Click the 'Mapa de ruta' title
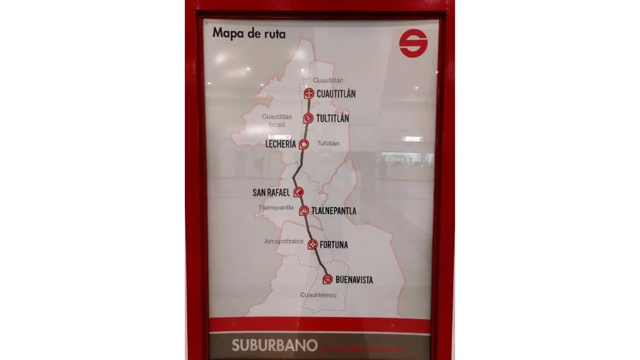coord(249,33)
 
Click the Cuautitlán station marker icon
coord(309,94)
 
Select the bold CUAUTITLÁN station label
coord(336,94)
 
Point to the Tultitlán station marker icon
coord(309,118)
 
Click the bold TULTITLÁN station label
coord(333,119)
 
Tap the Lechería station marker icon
coord(304,145)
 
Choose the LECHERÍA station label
coord(281,145)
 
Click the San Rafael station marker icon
coord(298,192)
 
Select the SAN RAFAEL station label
coord(271,192)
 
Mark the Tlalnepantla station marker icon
coord(305,211)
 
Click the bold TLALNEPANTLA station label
coord(334,211)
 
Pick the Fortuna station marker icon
coord(312,244)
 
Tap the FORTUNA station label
coord(334,245)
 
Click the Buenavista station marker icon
coord(327,279)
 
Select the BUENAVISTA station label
coord(354,280)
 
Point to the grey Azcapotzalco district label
coord(284,241)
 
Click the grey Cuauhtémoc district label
coord(319,295)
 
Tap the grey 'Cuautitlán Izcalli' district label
coord(277,120)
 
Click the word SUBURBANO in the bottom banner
coord(274,346)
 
